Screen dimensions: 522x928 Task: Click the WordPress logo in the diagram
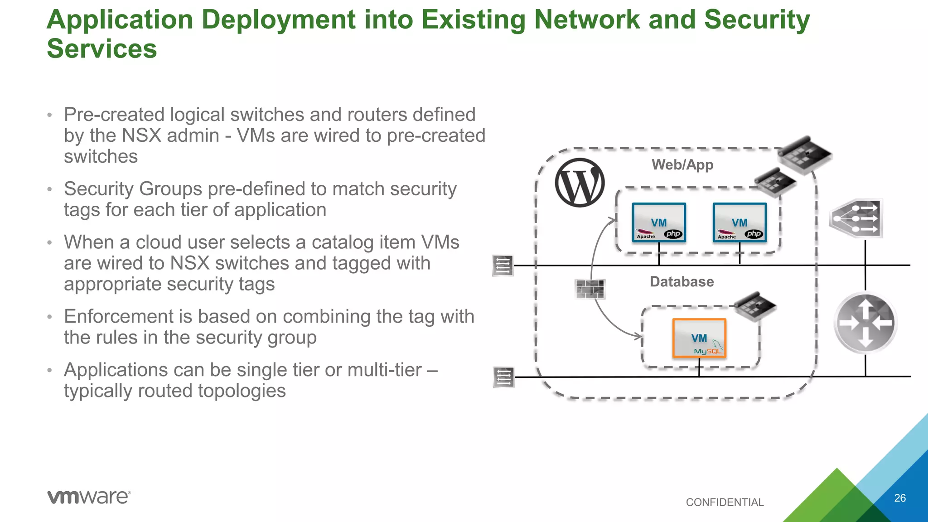click(x=580, y=183)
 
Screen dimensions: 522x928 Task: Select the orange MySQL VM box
click(x=699, y=338)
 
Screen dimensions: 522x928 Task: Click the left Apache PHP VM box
click(x=659, y=222)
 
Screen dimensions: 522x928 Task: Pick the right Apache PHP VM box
click(x=739, y=222)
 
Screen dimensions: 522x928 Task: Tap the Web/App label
click(x=682, y=165)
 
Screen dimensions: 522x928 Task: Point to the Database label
click(x=681, y=282)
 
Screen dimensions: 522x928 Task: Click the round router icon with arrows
click(x=865, y=323)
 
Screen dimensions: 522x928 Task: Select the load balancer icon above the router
click(x=856, y=218)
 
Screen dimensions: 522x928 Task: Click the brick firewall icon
click(x=590, y=289)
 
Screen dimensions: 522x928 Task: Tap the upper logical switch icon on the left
click(x=503, y=266)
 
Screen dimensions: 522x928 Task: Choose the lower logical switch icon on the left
click(x=503, y=377)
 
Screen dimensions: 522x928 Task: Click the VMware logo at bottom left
click(x=89, y=497)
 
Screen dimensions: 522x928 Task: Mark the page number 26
click(x=899, y=498)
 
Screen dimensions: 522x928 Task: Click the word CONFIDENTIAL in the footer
click(x=725, y=502)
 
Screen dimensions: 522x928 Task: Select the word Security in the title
click(x=757, y=20)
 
